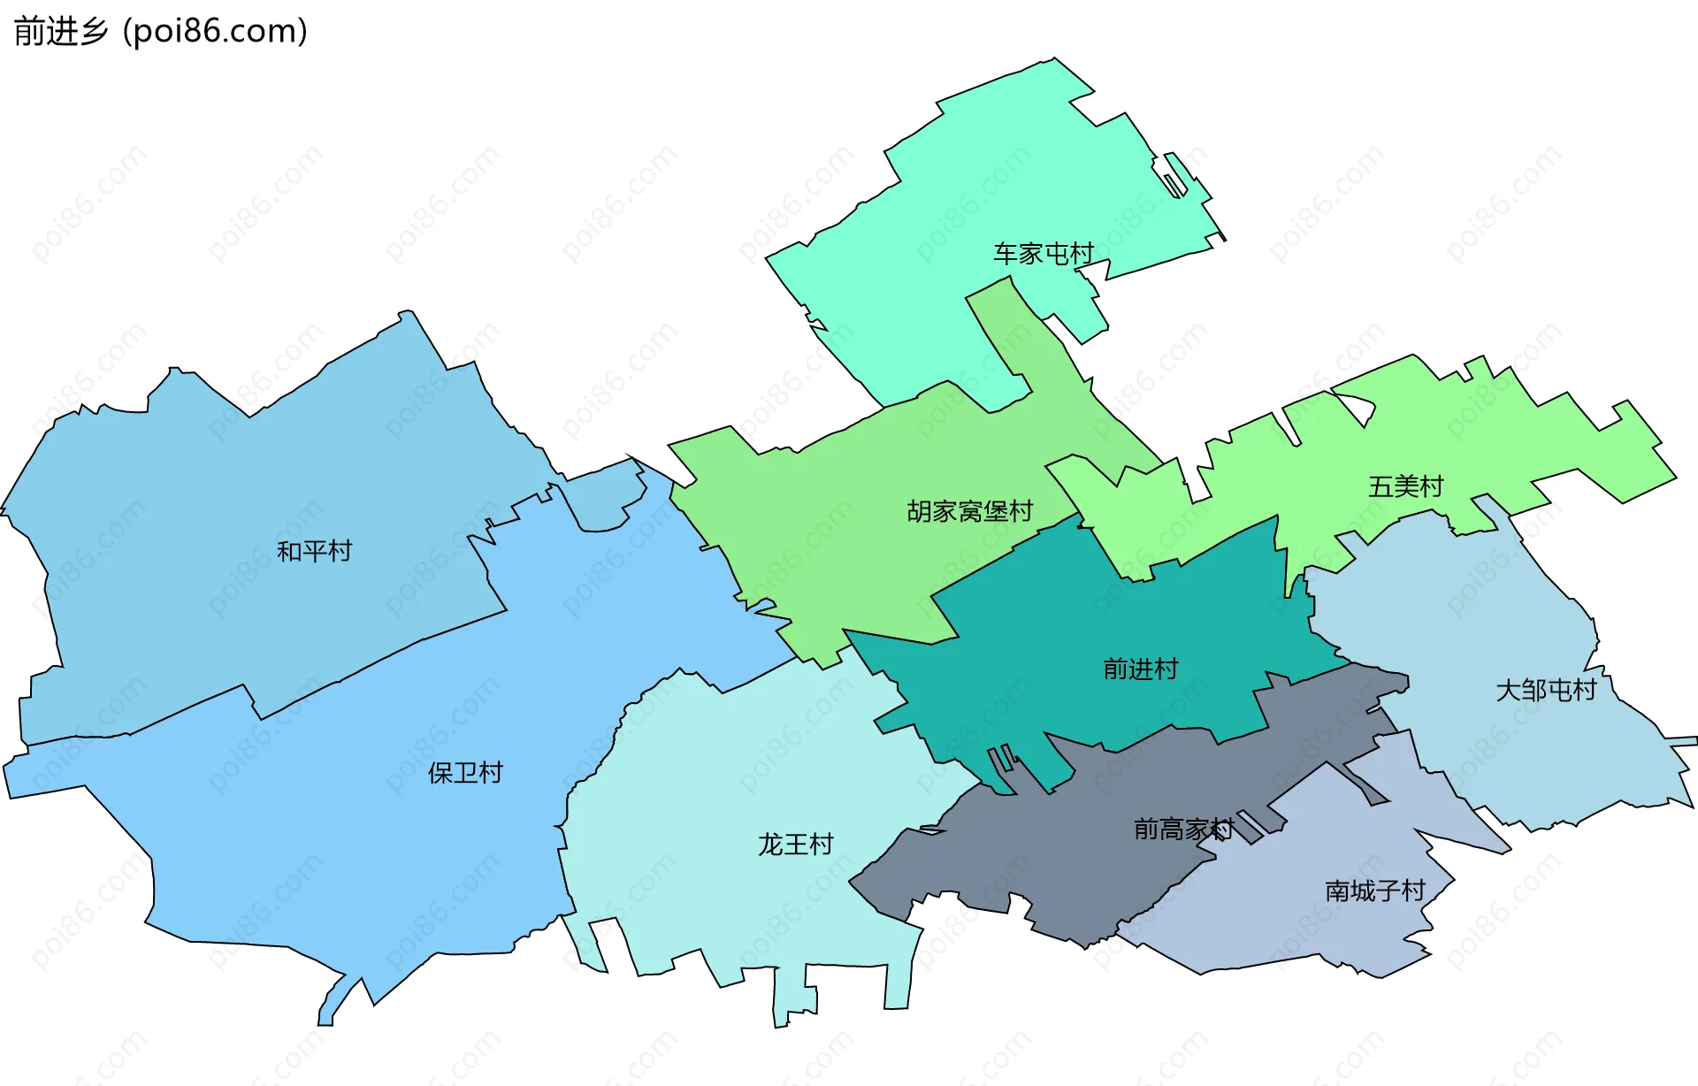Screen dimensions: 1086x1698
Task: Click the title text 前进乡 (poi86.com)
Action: (160, 31)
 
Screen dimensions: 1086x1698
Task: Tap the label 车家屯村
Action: (1044, 254)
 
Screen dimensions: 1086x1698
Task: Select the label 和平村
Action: (314, 551)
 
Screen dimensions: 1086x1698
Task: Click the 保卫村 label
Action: (465, 773)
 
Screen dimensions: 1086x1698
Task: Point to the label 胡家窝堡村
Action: (969, 511)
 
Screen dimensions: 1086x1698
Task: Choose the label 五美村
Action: (1405, 486)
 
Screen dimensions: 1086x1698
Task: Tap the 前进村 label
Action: (1140, 669)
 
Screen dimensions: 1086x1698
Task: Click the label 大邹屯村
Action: (1546, 690)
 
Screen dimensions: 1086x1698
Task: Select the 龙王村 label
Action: (795, 845)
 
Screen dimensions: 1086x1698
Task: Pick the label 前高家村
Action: (1183, 830)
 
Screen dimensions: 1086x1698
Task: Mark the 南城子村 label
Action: (1374, 891)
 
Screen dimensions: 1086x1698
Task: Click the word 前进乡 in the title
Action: (60, 31)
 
